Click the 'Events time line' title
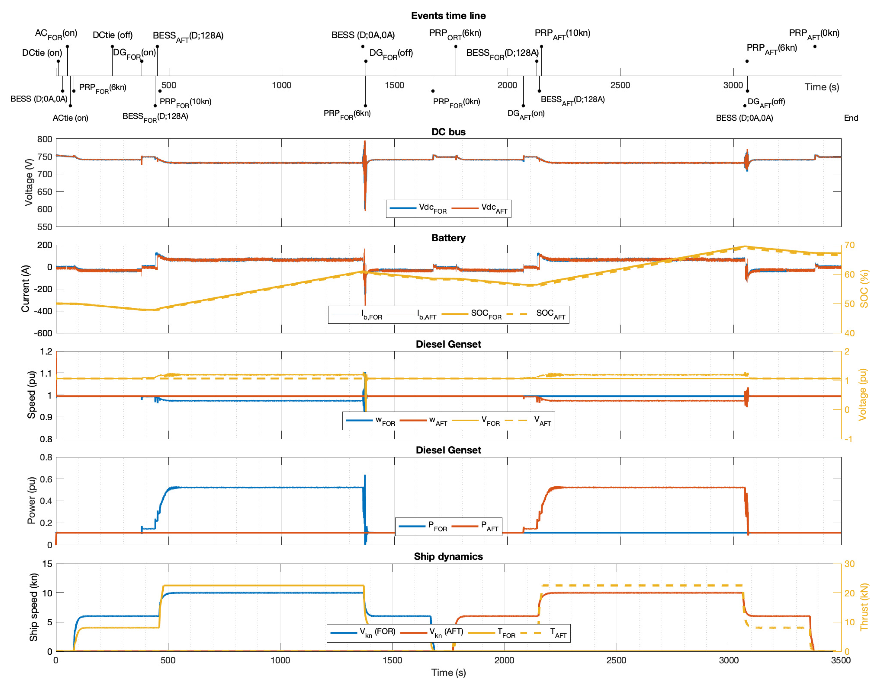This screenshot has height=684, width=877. click(448, 16)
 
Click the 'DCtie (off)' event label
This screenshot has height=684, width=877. click(112, 35)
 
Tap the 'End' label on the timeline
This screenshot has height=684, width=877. click(851, 118)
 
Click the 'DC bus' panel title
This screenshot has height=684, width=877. click(448, 132)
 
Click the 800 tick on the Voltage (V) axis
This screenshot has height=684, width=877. click(45, 139)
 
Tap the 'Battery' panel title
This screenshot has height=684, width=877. click(448, 238)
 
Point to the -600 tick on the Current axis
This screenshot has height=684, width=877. click(43, 333)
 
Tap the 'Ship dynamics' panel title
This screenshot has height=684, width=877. click(448, 556)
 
